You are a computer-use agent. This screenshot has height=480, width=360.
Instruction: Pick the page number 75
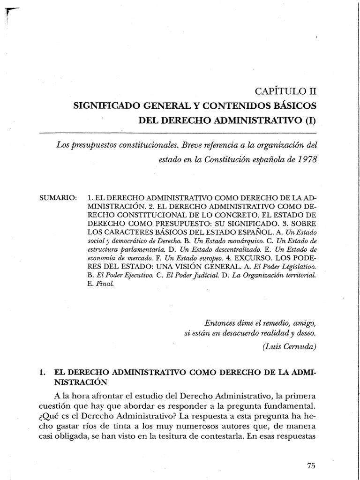(312, 465)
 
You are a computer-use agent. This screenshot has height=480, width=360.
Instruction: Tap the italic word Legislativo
(298, 266)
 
